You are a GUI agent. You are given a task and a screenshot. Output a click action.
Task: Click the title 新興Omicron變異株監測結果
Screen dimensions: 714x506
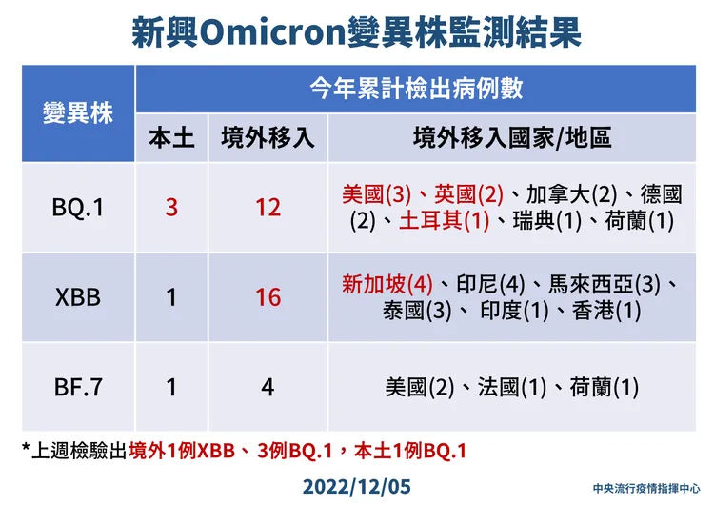coord(357,31)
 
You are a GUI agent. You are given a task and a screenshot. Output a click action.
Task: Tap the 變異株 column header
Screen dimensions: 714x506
coord(78,112)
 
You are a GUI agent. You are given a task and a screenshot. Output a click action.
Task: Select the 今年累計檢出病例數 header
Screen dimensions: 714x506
coord(416,88)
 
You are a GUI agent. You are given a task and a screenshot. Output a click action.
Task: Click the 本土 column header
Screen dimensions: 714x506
coord(171,137)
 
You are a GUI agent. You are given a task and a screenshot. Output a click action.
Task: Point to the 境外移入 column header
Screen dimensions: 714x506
coord(268,137)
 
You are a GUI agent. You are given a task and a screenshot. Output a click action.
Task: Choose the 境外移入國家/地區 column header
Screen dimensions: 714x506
coord(512,137)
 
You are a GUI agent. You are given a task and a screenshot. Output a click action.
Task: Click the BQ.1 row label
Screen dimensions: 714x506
coord(78,208)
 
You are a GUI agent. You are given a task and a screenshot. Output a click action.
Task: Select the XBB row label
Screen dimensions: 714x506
coord(78,297)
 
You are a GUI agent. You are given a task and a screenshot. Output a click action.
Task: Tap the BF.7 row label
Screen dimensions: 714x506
coord(78,388)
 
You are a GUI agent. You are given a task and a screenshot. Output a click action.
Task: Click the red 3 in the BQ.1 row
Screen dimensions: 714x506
coord(171,208)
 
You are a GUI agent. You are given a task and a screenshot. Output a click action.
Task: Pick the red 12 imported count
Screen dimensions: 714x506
coord(268,208)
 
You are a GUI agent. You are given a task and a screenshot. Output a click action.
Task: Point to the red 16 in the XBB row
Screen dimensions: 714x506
coord(268,297)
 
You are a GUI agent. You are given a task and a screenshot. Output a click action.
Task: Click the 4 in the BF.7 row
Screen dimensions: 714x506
coord(268,388)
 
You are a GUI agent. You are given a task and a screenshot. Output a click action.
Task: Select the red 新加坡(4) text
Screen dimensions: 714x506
coord(387,285)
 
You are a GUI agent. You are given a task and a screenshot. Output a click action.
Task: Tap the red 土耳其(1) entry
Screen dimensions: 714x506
coord(445,221)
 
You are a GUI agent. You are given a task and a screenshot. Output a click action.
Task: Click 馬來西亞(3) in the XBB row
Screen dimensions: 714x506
coord(605,285)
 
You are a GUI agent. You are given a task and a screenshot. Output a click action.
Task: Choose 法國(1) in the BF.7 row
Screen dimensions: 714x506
coord(512,388)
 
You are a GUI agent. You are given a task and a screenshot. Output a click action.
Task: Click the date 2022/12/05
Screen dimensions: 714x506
coord(357,486)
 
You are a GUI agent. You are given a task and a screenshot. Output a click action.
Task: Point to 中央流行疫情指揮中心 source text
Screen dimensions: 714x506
coord(646,489)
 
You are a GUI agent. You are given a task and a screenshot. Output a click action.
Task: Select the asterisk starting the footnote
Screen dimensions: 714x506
coord(26,446)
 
